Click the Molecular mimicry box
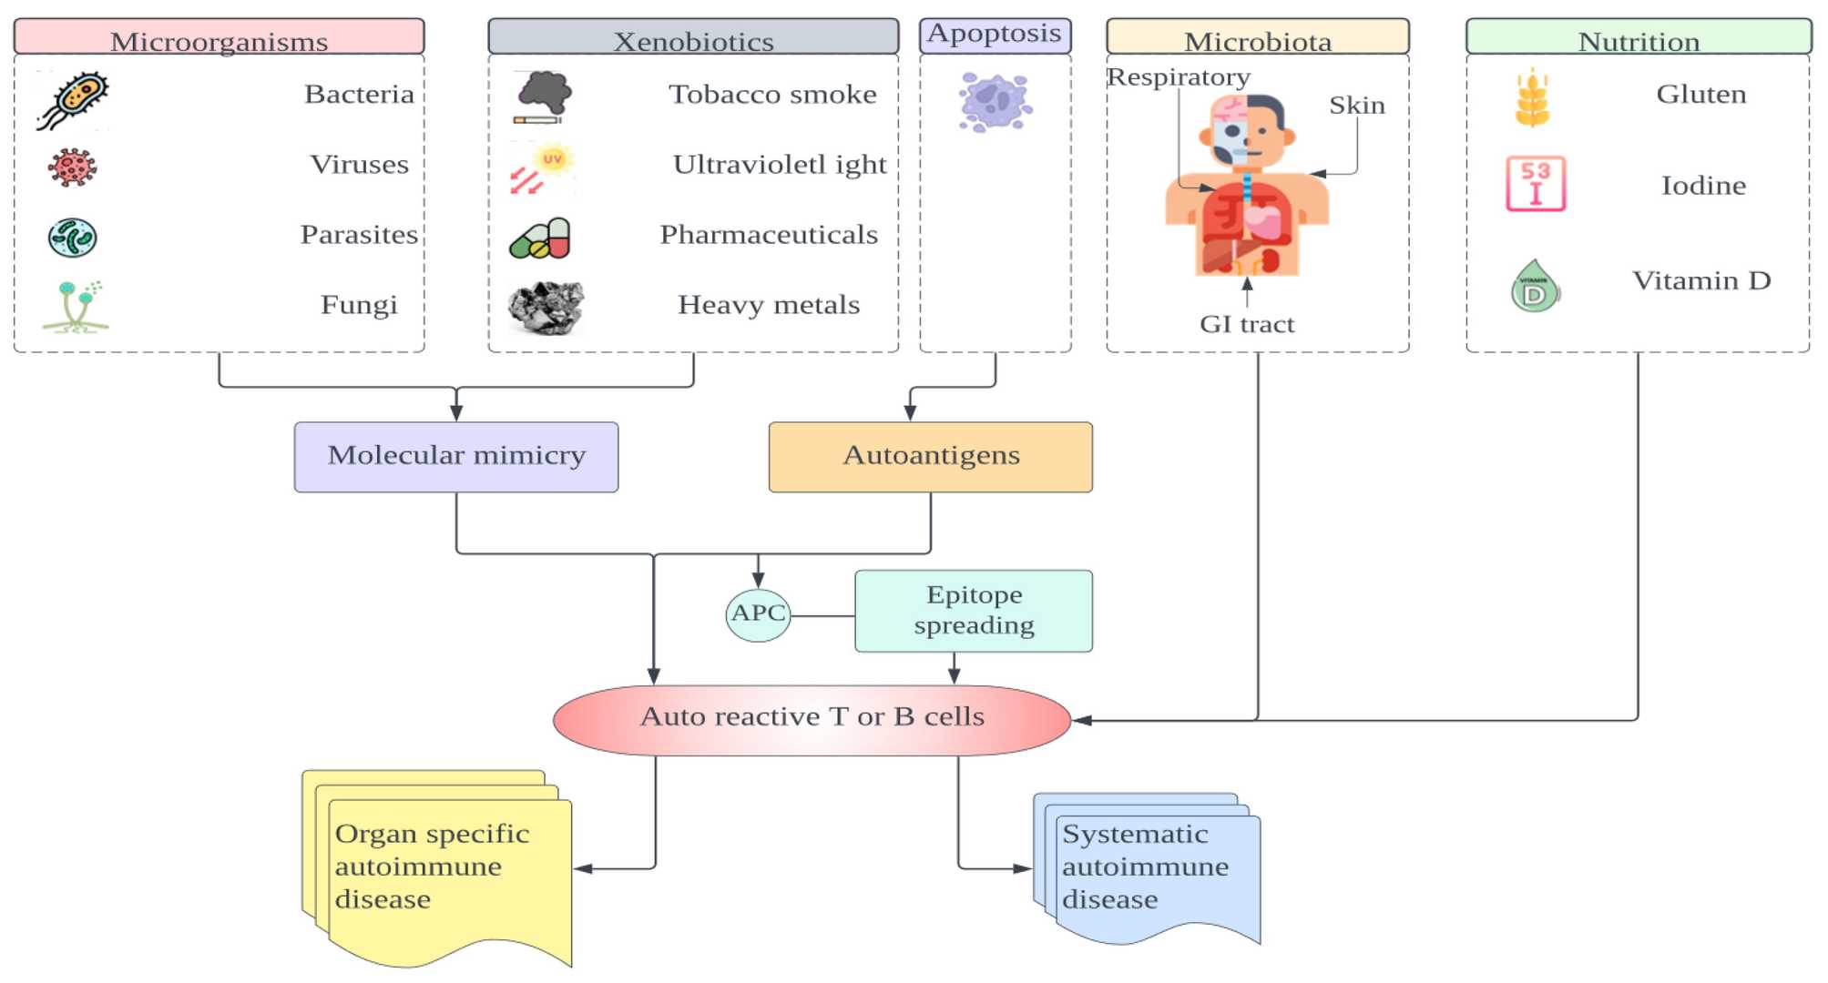(x=455, y=456)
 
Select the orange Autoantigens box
(x=930, y=456)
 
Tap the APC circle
(x=758, y=614)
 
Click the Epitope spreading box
(x=973, y=611)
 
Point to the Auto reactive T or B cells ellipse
(x=812, y=719)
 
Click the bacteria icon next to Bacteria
(x=73, y=99)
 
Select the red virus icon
(x=72, y=167)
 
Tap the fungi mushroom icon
(x=76, y=307)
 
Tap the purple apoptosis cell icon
(x=995, y=102)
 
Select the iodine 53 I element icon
(x=1535, y=184)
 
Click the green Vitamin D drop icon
(x=1535, y=288)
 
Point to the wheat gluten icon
(x=1532, y=98)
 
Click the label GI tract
(x=1246, y=324)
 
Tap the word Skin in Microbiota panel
(x=1356, y=106)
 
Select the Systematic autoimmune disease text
(x=1145, y=866)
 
